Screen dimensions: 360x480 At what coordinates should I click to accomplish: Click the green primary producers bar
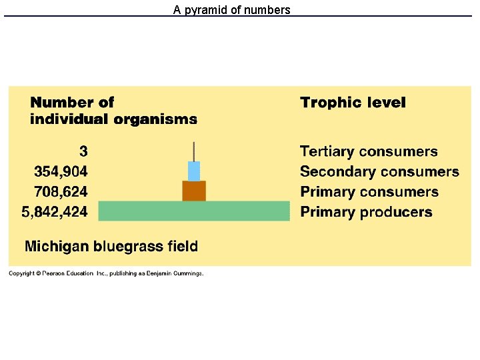194,211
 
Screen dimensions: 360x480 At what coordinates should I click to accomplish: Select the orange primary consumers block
194,191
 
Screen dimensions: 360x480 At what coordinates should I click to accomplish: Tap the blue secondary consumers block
194,171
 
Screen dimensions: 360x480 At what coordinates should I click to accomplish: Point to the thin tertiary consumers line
194,151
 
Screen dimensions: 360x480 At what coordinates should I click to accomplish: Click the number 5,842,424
55,213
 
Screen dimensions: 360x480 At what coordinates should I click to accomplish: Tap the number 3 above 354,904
83,151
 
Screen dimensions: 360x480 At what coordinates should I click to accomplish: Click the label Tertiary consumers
369,152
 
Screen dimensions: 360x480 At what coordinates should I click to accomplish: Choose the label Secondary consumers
379,172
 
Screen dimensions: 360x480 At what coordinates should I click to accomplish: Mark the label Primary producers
366,213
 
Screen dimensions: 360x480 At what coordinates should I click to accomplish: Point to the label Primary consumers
369,192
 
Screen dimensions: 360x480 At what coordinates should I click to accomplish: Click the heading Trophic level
353,103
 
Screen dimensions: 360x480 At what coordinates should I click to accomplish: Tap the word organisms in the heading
155,120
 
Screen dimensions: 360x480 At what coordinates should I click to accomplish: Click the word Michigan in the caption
57,247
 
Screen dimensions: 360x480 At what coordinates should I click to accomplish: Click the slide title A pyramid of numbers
231,10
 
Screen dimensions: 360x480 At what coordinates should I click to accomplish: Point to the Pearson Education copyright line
106,273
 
